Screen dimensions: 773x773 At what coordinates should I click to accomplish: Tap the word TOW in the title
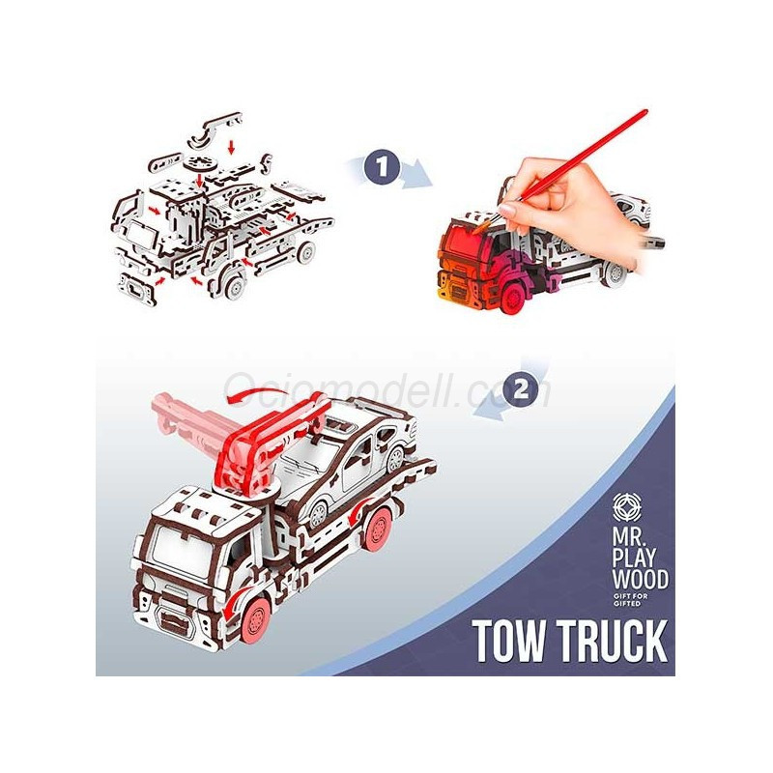click(511, 641)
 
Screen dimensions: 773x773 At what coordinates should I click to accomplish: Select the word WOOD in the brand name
click(640, 580)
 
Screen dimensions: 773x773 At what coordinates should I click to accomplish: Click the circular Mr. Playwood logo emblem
click(627, 506)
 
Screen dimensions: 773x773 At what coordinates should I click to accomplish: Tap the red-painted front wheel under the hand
click(513, 297)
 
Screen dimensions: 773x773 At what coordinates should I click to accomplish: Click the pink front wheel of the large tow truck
click(256, 619)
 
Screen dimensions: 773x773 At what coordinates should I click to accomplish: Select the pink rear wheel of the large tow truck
click(378, 530)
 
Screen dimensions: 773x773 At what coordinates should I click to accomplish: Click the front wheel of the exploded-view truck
click(234, 284)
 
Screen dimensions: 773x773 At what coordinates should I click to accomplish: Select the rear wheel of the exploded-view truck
click(306, 252)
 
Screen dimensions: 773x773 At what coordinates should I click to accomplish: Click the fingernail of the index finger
click(509, 211)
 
